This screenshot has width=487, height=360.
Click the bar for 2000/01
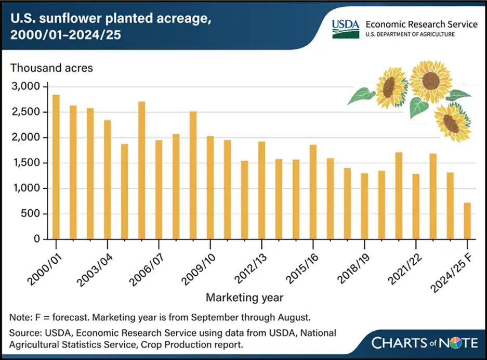point(56,167)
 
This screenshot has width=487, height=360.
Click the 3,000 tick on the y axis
point(27,86)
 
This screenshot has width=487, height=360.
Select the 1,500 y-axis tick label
point(27,163)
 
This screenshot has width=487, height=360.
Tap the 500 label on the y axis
point(32,214)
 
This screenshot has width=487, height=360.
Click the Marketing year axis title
point(245,298)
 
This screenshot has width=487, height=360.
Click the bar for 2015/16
point(313,192)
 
